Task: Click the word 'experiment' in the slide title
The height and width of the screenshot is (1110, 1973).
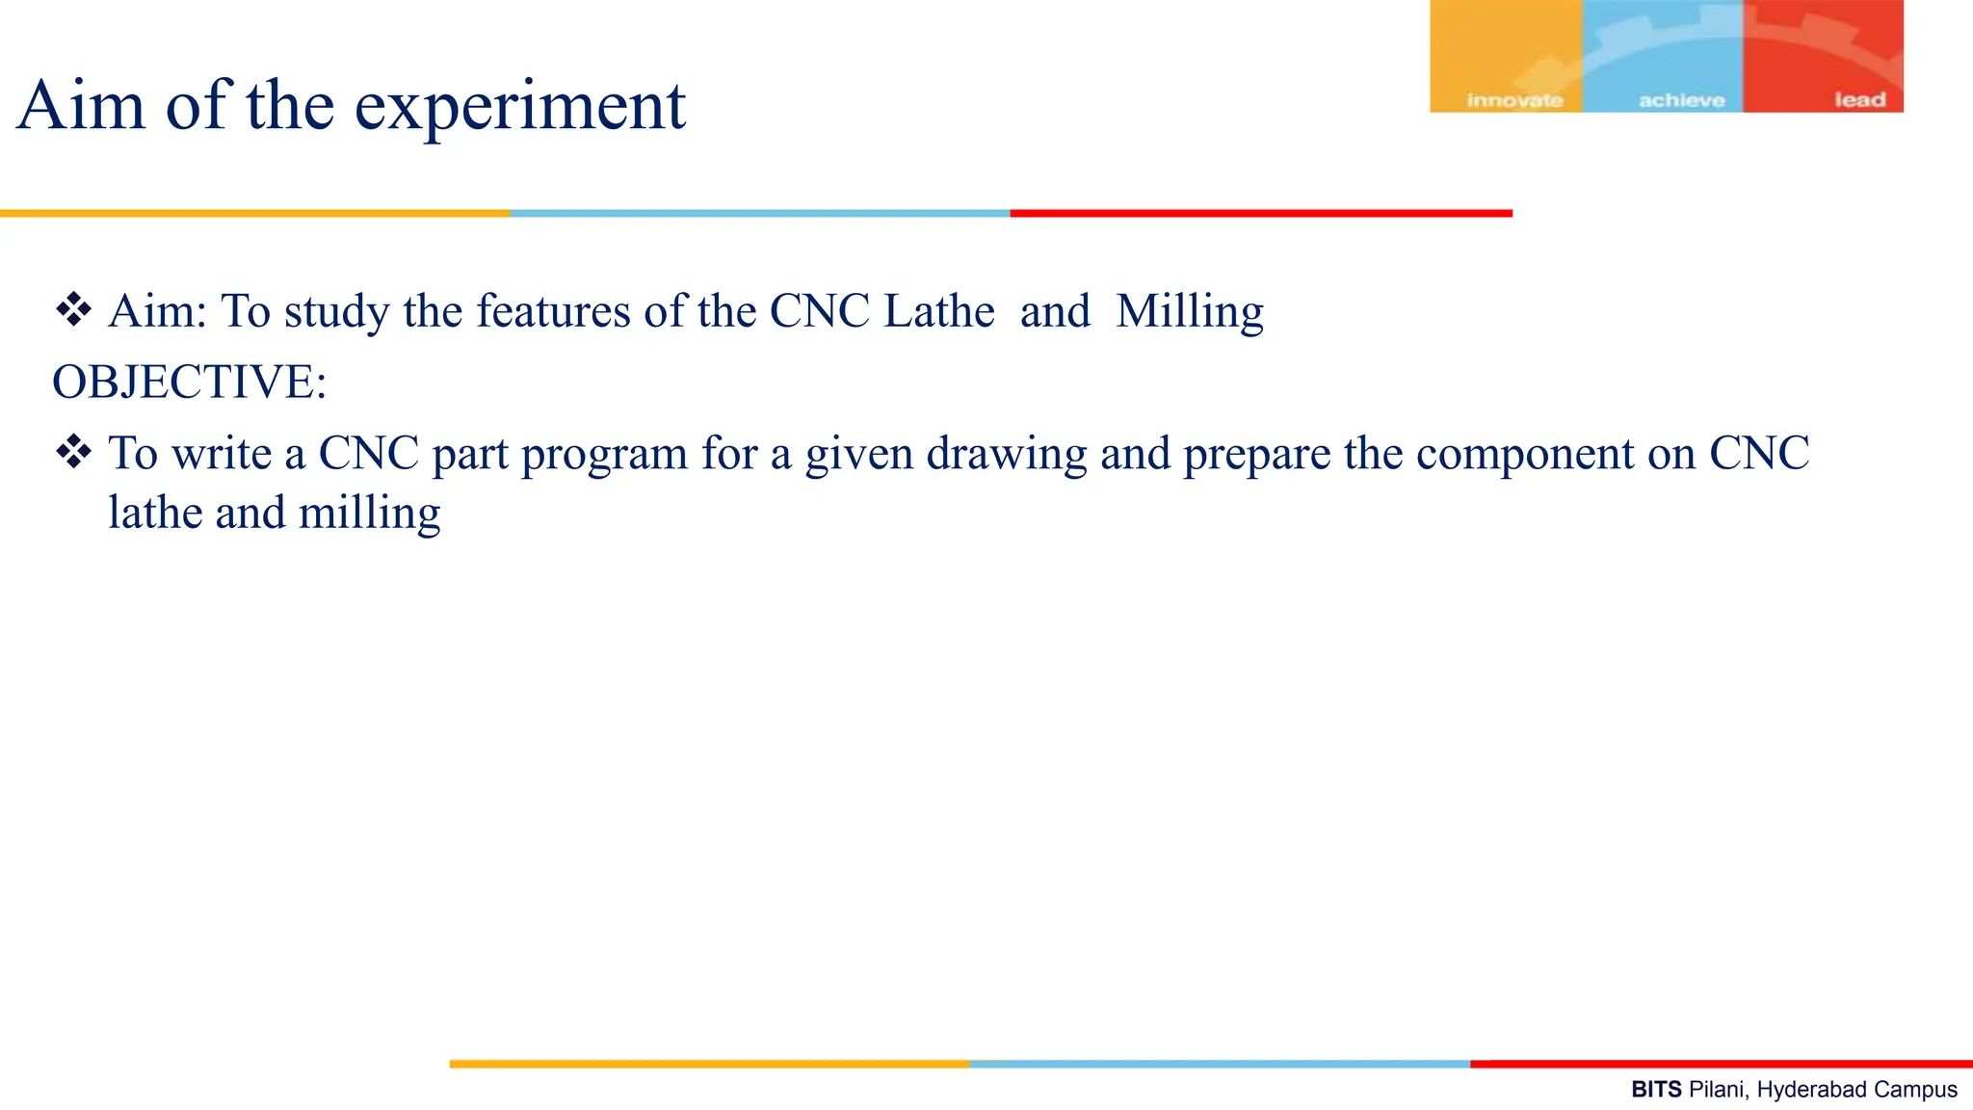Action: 520,106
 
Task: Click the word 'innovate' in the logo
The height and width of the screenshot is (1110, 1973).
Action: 1514,100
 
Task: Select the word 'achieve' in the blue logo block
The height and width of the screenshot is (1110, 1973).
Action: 1681,100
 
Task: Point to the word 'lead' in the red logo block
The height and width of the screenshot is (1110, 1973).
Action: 1859,99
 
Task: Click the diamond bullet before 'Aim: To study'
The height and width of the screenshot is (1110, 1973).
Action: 73,310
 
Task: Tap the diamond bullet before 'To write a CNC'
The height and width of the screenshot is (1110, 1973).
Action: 73,452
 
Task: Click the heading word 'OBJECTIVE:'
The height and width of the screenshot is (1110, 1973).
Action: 189,382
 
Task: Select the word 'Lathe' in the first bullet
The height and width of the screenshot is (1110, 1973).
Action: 938,311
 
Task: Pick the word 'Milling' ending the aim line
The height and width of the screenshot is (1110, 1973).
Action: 1189,312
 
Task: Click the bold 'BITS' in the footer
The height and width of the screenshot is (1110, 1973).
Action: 1656,1090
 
